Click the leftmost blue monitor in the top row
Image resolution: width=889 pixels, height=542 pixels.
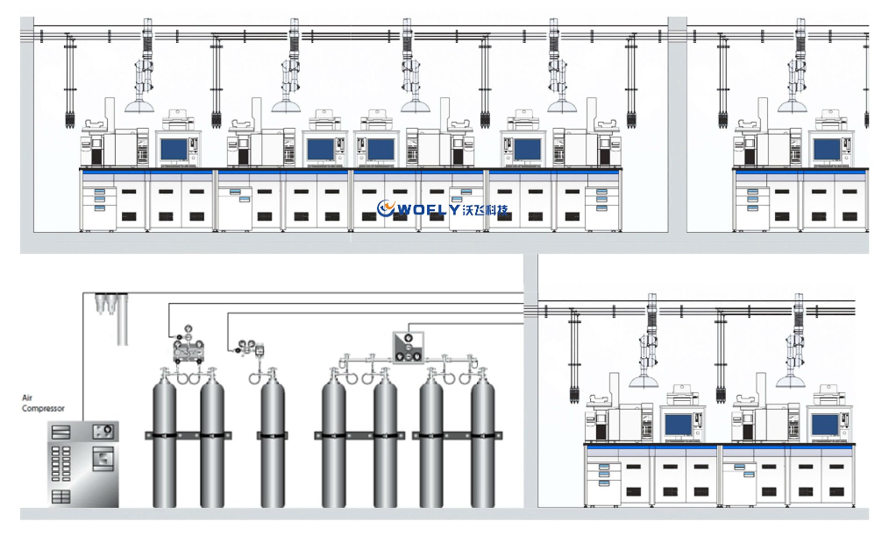tap(174, 150)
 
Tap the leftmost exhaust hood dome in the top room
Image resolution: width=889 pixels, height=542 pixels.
tap(139, 107)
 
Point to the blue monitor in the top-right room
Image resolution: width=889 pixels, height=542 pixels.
tap(827, 150)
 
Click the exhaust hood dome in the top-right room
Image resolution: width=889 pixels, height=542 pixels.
tap(793, 107)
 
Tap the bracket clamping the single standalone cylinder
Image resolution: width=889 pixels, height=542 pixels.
tap(272, 435)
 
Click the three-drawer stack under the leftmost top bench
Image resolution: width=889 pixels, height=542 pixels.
tap(101, 199)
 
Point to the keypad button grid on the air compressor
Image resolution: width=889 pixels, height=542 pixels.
tap(60, 464)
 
